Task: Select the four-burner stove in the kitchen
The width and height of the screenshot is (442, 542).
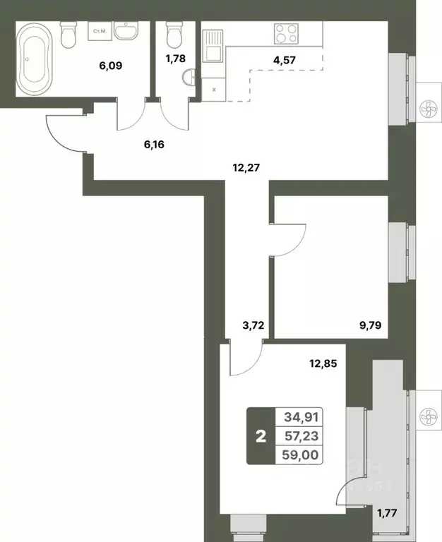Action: pos(287,34)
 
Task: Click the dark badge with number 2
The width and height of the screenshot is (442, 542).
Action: pos(261,436)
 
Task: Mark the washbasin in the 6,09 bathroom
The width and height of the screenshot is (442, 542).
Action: pos(128,32)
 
